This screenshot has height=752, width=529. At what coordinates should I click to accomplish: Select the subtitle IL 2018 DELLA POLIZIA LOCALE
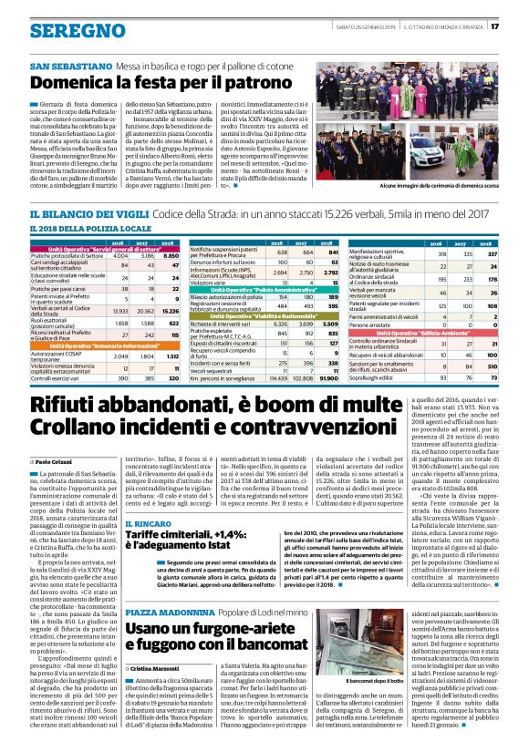(89, 228)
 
